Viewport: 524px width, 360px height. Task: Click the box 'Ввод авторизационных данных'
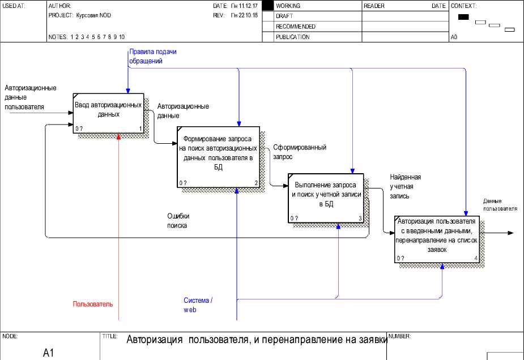(108, 113)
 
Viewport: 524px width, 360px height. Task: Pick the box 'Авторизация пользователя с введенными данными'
(437, 239)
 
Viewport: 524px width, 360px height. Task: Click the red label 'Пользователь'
(92, 304)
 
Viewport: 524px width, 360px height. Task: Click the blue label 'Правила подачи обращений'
(152, 56)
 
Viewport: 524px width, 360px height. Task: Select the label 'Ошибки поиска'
(177, 220)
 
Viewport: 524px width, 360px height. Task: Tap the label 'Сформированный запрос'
(299, 151)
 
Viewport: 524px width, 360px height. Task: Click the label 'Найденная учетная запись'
(405, 186)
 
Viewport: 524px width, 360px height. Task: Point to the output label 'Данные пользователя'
(500, 204)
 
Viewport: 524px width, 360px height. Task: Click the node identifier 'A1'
(48, 353)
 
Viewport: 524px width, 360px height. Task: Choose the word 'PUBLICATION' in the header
(292, 37)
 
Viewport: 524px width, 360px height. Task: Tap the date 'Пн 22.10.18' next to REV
(244, 16)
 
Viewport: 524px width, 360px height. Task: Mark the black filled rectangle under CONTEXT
(463, 17)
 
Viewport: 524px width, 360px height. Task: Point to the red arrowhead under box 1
(118, 136)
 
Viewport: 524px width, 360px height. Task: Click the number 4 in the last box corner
(475, 258)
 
